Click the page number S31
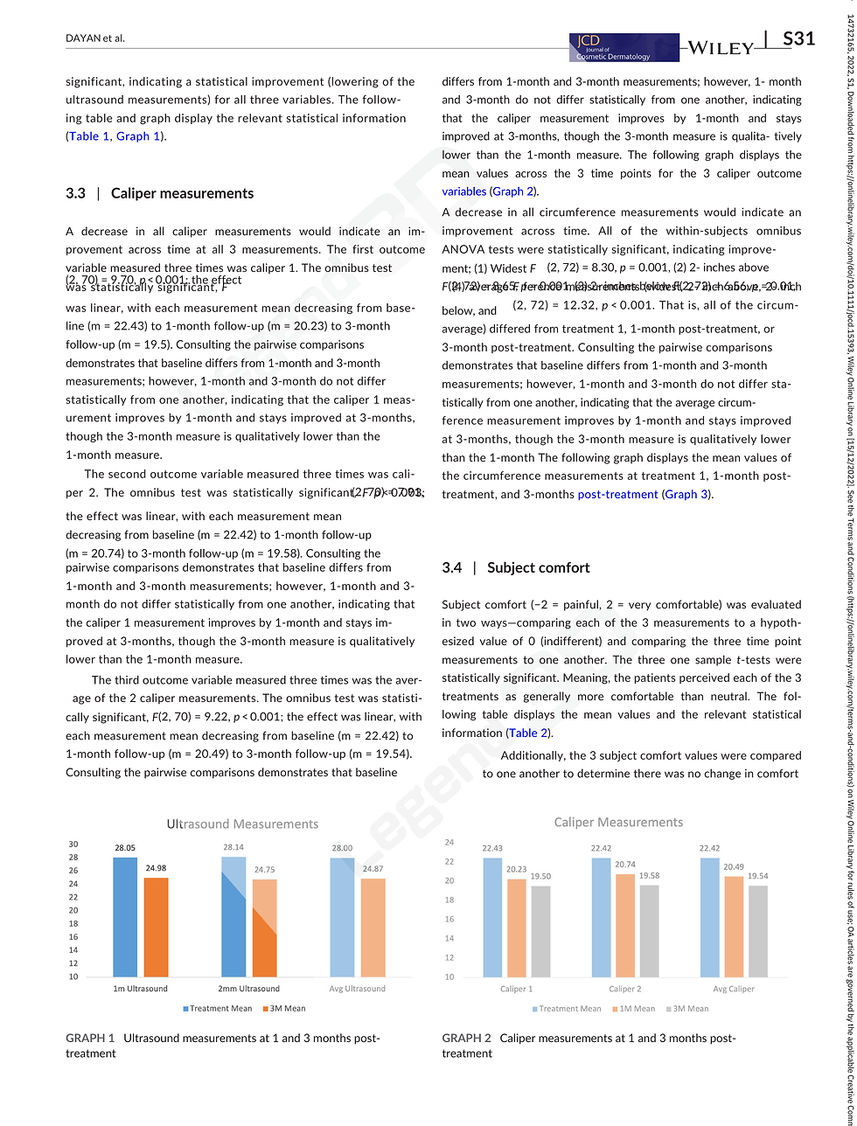point(798,39)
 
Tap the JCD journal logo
point(623,47)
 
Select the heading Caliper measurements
point(182,193)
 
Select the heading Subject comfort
point(538,567)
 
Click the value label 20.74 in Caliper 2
point(624,865)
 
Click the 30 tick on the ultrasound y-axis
point(73,844)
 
